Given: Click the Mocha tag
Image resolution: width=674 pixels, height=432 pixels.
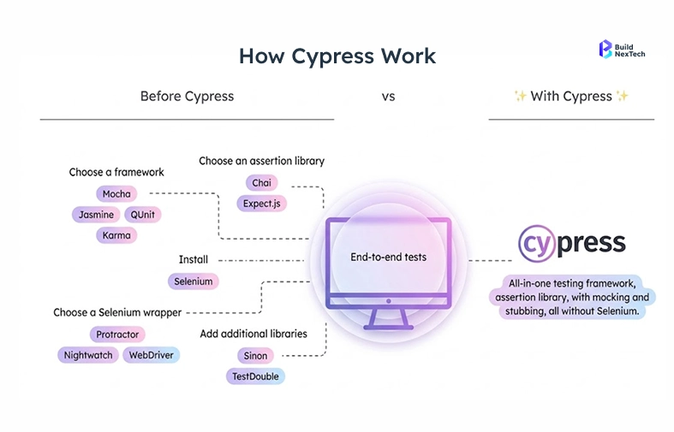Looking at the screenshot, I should [x=116, y=194].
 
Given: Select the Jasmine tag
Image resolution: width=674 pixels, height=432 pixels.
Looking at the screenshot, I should [x=95, y=215].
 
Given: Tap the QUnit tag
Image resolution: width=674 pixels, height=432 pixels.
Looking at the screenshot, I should [x=141, y=215].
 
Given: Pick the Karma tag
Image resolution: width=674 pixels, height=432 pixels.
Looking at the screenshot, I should [x=116, y=235].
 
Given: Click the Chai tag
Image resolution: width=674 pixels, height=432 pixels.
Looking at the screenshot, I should [x=261, y=183].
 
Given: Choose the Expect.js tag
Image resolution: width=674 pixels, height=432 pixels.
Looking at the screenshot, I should [x=262, y=204].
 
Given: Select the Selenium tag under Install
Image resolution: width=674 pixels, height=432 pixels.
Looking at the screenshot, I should [x=193, y=281].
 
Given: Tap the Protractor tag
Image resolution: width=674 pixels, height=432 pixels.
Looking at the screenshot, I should [x=117, y=334].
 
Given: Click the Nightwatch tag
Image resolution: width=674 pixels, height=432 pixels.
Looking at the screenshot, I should [x=88, y=355].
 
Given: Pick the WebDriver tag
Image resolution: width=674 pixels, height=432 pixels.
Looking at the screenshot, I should [x=152, y=355].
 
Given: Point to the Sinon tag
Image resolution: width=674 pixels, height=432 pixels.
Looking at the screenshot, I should [x=255, y=355].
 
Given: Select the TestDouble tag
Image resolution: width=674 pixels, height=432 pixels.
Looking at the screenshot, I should [x=255, y=376].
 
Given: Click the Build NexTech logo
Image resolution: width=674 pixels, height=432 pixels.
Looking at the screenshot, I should [x=623, y=49].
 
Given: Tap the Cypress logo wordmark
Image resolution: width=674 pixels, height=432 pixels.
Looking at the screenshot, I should [x=572, y=244].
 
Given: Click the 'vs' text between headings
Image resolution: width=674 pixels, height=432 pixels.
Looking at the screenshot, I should [x=388, y=97].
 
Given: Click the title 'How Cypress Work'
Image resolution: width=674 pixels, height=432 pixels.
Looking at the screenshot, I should [x=337, y=56].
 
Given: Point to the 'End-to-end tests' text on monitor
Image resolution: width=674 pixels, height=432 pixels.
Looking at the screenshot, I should [x=388, y=257].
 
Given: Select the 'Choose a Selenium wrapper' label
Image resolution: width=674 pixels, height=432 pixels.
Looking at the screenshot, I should [x=117, y=312].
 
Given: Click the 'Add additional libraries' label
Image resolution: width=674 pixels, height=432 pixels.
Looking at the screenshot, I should [x=253, y=333].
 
